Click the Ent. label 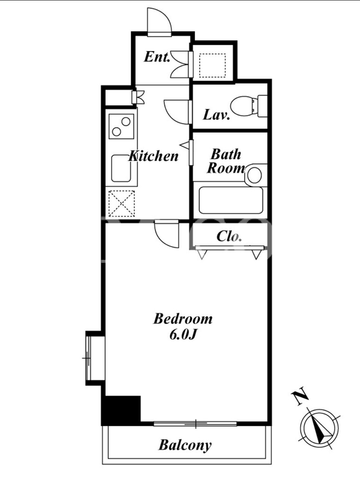[x=157, y=57]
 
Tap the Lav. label [x=217, y=115]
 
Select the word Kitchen [x=154, y=156]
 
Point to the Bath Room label [x=226, y=161]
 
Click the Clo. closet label [x=229, y=236]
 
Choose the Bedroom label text [x=183, y=319]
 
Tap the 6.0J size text [x=182, y=335]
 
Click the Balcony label [x=185, y=445]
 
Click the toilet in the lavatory [x=248, y=106]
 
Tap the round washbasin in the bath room [x=254, y=175]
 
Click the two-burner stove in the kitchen [x=121, y=126]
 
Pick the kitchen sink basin [x=121, y=169]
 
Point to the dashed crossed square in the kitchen [x=122, y=203]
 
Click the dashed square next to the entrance [x=212, y=65]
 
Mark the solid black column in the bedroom [x=122, y=410]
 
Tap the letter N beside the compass [x=301, y=396]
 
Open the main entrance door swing [x=159, y=22]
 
